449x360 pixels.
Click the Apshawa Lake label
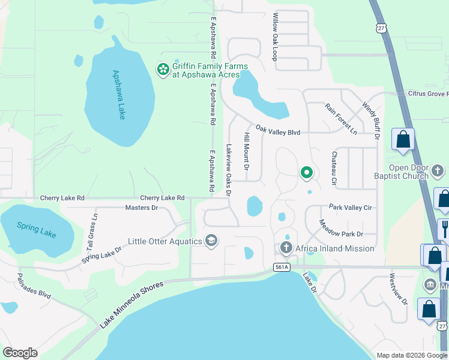[118, 95]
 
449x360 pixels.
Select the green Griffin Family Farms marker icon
[163, 70]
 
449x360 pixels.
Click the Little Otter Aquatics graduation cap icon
[211, 241]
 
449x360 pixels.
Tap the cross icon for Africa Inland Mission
[286, 248]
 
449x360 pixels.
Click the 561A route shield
[281, 268]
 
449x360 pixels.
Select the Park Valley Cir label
[351, 207]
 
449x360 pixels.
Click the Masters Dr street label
[141, 208]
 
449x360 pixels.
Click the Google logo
[20, 353]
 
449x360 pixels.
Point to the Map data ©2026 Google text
[411, 355]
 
